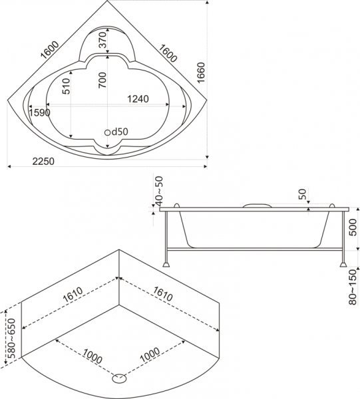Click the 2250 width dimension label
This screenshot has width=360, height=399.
tap(43, 161)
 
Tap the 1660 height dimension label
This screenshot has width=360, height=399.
tap(201, 72)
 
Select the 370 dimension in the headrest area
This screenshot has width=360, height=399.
tap(102, 40)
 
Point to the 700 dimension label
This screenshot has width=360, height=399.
tap(102, 80)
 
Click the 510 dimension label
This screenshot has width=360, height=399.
tap(66, 86)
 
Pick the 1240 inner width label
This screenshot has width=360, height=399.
tap(138, 98)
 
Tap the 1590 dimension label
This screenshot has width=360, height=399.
tap(39, 112)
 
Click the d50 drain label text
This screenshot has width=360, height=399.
tap(120, 132)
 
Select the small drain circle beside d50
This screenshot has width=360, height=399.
tap(107, 132)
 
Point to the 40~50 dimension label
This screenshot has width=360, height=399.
tap(159, 191)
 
